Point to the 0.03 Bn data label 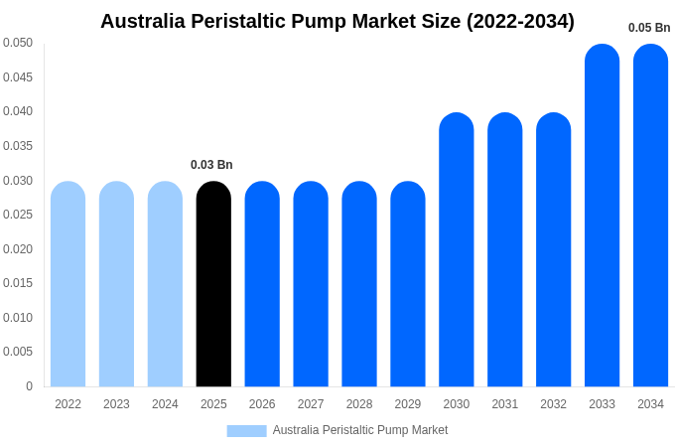[211, 165]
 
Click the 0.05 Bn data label [649, 28]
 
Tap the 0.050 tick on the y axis [18, 43]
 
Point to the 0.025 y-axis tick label [18, 215]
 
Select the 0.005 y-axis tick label [18, 352]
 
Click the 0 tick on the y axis [29, 386]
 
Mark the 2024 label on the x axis [165, 404]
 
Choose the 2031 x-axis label [504, 404]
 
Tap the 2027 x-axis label [311, 404]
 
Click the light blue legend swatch [246, 431]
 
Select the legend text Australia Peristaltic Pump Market [360, 430]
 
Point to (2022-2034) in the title [520, 21]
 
